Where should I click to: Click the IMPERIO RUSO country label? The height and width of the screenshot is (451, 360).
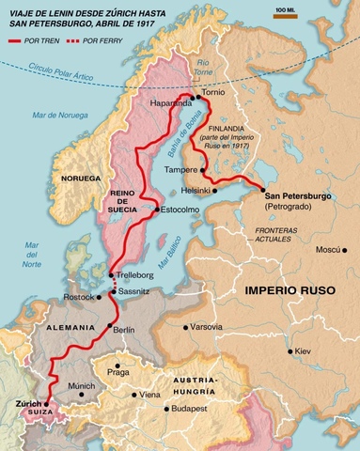(x=289, y=290)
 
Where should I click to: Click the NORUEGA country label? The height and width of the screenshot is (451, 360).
(x=80, y=178)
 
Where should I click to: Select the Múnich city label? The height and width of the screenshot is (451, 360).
(x=81, y=385)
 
